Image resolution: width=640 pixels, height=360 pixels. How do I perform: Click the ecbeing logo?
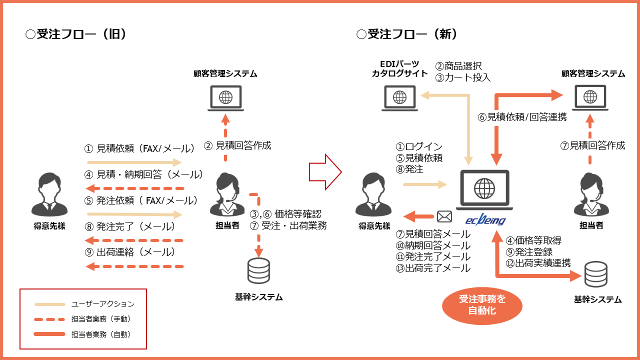(485, 219)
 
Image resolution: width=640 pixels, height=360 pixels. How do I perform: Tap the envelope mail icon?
(444, 216)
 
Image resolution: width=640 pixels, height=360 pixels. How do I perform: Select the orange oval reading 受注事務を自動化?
(482, 305)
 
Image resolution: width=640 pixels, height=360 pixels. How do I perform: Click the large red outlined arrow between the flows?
(325, 172)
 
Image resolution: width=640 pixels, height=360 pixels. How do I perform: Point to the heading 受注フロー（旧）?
(76, 34)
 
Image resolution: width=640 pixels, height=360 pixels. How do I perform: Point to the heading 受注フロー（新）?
(407, 34)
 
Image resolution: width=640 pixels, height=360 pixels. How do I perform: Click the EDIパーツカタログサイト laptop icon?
(399, 98)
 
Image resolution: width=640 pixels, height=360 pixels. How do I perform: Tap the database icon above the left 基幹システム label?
(258, 270)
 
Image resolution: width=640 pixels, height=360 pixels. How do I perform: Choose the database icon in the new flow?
(595, 274)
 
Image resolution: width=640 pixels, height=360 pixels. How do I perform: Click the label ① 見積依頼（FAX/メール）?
(140, 148)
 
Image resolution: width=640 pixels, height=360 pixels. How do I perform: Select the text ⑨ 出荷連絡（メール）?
(130, 252)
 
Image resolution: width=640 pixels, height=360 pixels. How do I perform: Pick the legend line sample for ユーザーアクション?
(49, 304)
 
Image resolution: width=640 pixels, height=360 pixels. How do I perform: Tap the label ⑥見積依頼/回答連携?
(522, 117)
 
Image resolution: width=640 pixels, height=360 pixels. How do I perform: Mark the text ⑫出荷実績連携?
(538, 263)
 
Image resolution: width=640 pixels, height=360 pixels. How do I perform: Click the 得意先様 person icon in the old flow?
(49, 194)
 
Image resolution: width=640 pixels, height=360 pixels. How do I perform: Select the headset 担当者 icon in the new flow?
(591, 194)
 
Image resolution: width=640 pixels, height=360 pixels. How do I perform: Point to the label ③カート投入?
(463, 77)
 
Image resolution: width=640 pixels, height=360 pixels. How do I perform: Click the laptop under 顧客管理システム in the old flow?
(225, 98)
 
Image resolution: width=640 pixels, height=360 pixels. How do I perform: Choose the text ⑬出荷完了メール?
(433, 268)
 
